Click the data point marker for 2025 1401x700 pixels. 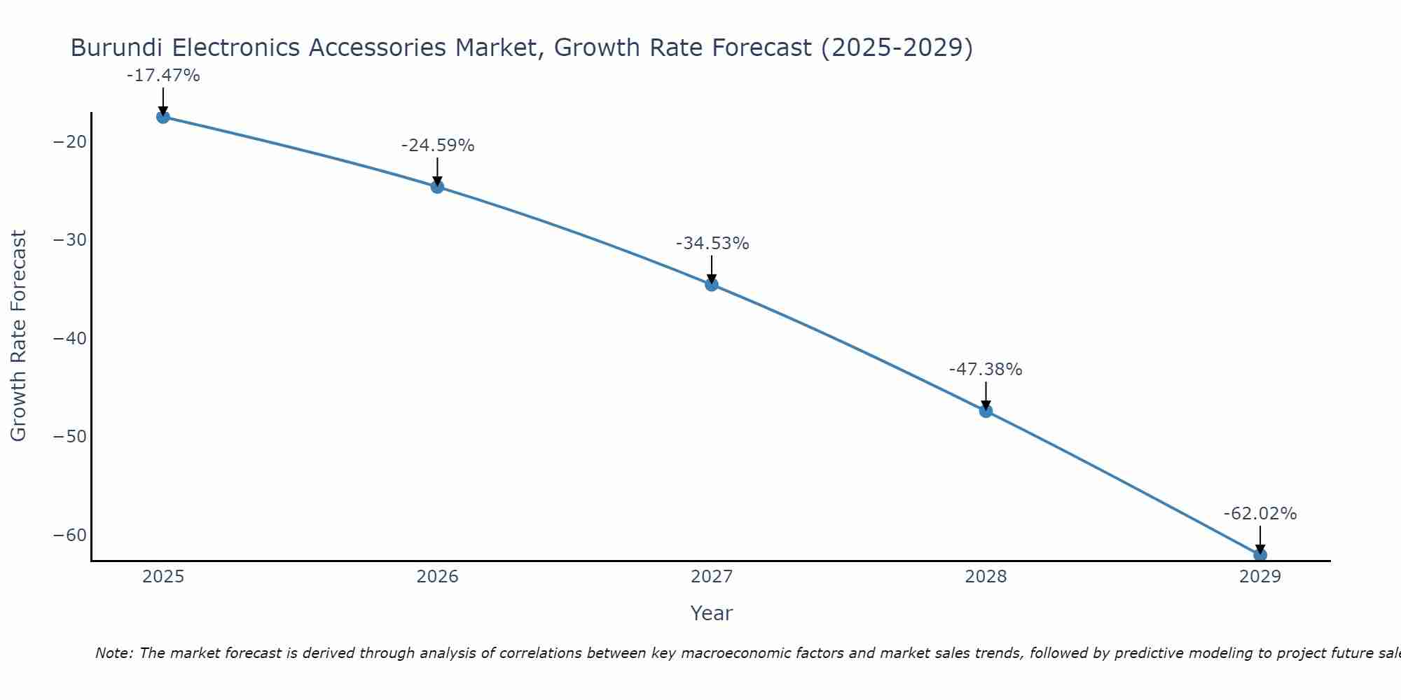163,117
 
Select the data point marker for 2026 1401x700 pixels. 437,187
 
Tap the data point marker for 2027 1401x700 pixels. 712,284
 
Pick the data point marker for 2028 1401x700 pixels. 986,411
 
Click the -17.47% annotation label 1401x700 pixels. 163,76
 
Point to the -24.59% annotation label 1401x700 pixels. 438,146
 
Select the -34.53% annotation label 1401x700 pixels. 712,244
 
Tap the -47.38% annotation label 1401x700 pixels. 986,370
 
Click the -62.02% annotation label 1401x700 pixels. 1260,514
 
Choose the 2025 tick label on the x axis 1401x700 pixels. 163,577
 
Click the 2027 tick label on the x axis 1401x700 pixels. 712,577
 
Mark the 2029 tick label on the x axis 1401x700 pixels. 1260,577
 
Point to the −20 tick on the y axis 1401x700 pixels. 70,142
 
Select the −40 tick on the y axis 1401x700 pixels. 70,339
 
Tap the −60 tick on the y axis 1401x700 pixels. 70,535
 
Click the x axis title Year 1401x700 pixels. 712,613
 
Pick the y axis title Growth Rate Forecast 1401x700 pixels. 19,336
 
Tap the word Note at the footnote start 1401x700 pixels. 113,653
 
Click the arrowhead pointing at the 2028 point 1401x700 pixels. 986,405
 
